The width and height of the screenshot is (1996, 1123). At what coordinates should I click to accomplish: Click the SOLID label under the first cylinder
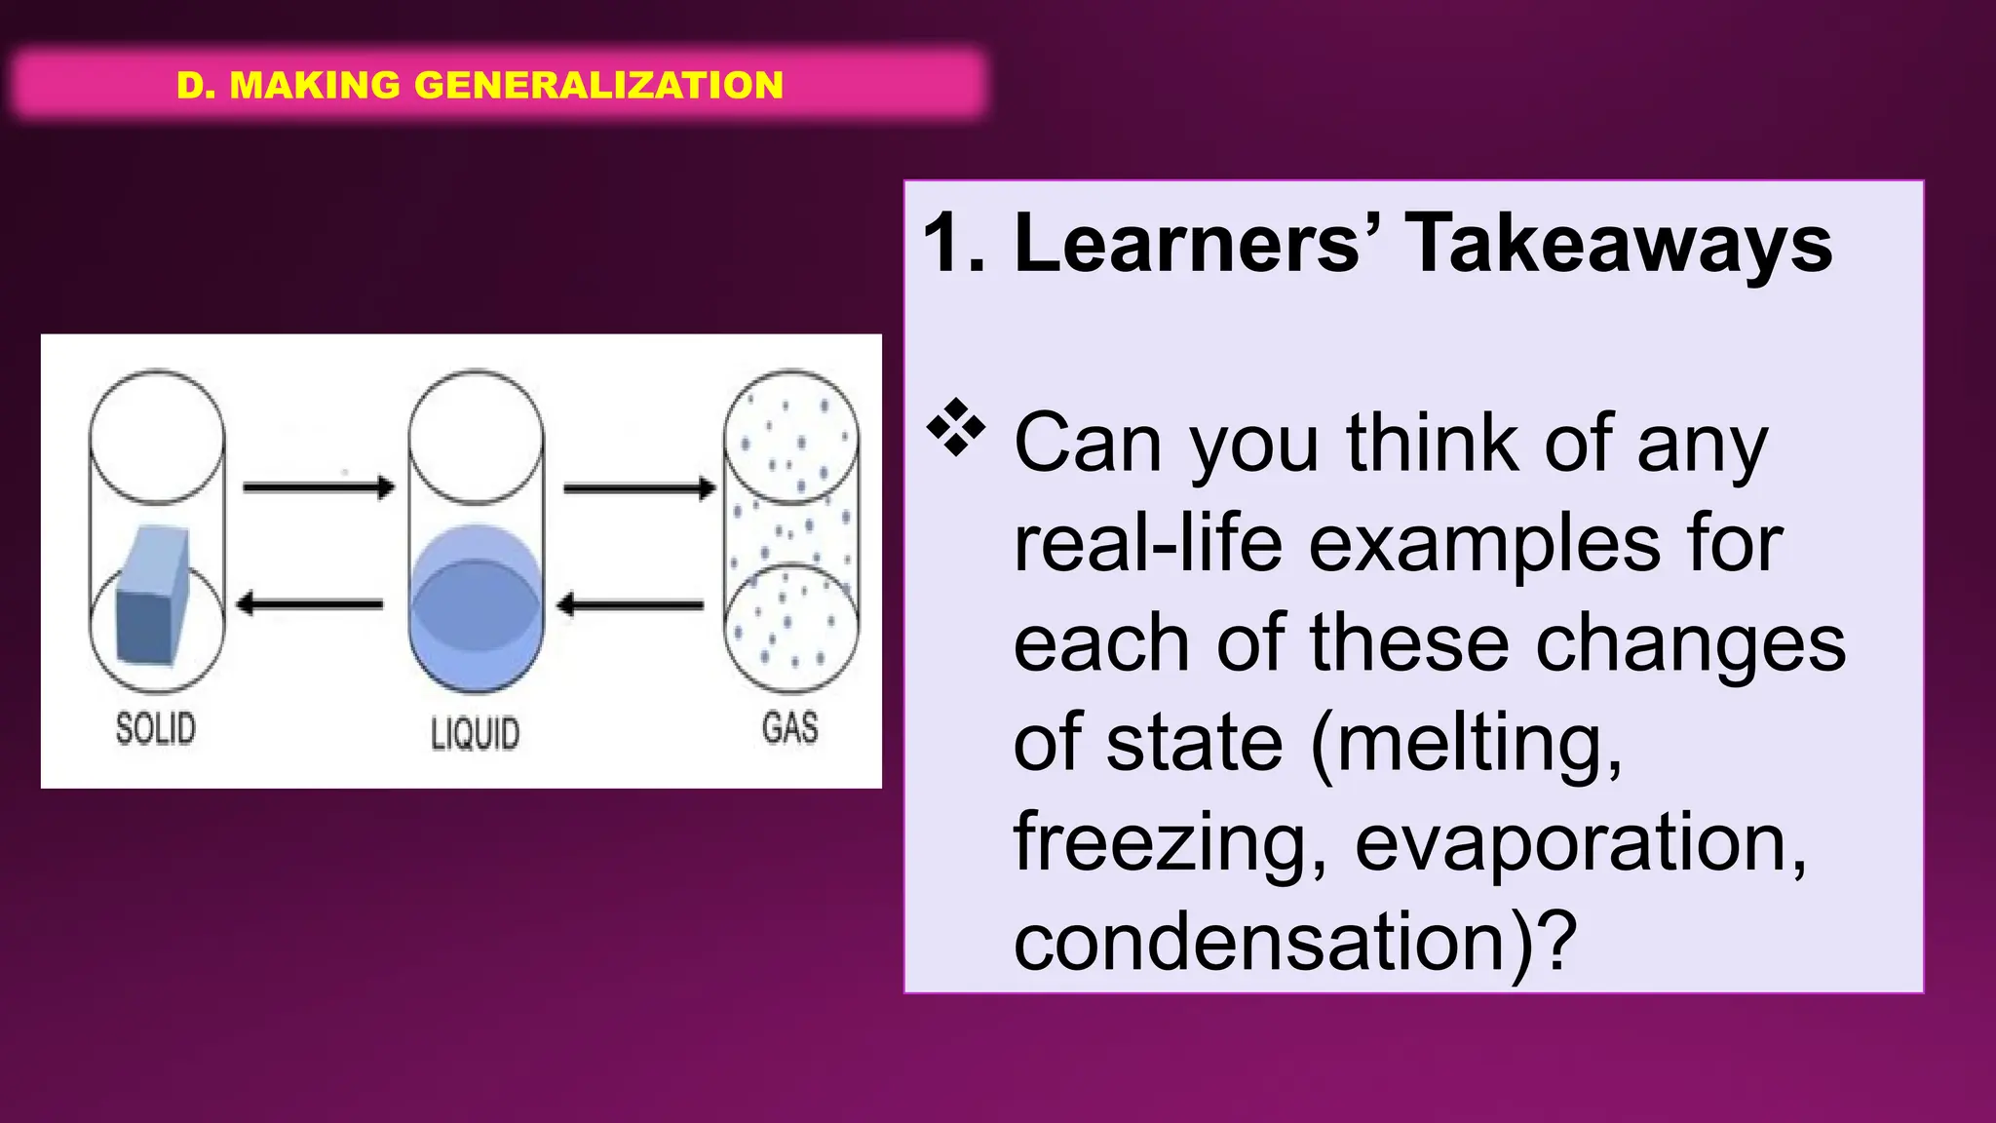pos(156,729)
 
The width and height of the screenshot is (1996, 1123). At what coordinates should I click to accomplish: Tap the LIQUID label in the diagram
pos(475,734)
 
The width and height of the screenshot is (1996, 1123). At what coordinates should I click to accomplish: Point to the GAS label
pos(789,728)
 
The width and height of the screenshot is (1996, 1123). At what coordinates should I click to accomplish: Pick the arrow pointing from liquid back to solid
pos(310,604)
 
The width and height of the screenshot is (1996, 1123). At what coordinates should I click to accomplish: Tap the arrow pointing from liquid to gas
pos(639,487)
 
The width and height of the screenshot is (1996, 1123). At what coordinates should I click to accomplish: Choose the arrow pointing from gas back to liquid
pos(631,605)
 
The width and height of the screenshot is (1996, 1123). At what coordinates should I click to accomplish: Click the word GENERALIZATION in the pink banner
pos(598,85)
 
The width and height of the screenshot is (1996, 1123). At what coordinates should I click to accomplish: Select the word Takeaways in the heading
pos(1618,244)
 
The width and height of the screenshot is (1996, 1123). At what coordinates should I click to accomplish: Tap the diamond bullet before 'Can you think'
pos(956,427)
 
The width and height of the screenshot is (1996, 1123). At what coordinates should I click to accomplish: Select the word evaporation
pos(1579,843)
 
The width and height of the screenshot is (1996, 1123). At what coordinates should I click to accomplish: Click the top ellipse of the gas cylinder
pos(791,436)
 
